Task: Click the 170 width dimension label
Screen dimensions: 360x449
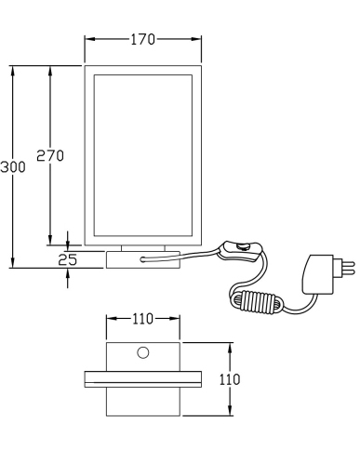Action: (x=142, y=39)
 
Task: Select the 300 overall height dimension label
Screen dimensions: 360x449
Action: (x=13, y=167)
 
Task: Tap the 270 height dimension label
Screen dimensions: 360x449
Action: (x=50, y=155)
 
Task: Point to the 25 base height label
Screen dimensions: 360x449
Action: (x=68, y=259)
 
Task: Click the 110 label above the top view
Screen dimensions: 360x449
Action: (x=142, y=319)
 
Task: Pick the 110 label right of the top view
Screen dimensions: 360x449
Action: (x=230, y=379)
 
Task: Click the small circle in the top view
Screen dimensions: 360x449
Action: (x=143, y=352)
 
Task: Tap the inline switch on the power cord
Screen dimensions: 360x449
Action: (x=241, y=251)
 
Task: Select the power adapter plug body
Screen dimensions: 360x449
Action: (x=318, y=274)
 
